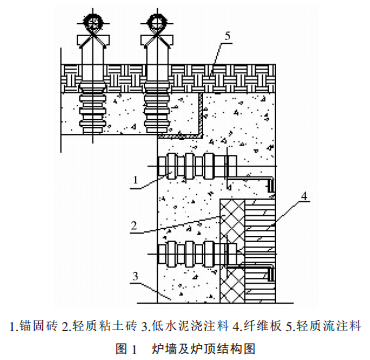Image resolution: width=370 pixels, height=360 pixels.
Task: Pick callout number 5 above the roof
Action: [x=228, y=36]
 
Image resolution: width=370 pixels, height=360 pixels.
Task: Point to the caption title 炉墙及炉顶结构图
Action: [x=204, y=348]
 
